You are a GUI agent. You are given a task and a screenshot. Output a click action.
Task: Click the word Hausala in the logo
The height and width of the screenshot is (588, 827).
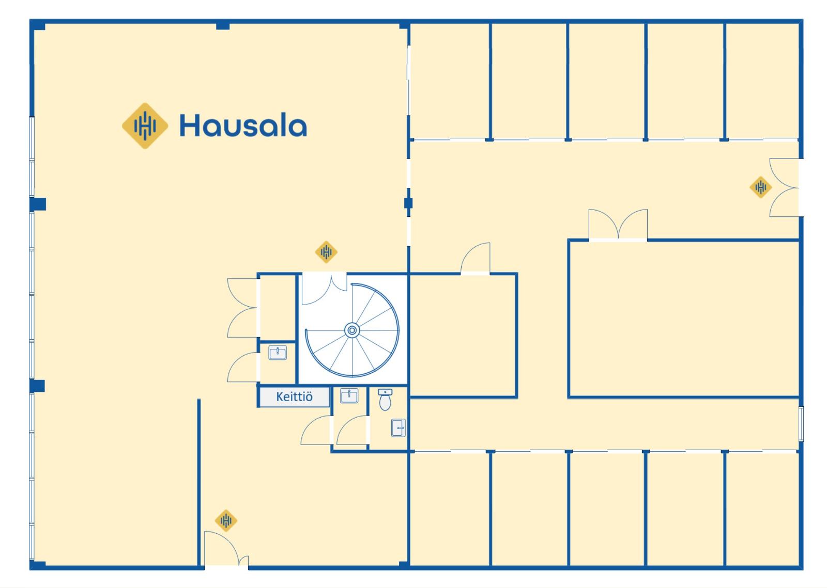(x=243, y=126)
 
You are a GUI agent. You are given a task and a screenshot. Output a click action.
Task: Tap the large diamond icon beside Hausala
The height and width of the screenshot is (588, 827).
(x=145, y=125)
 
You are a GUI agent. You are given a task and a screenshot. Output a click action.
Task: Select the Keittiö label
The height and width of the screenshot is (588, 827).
(x=294, y=397)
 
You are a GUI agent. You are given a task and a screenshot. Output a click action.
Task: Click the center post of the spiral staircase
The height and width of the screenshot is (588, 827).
(x=352, y=330)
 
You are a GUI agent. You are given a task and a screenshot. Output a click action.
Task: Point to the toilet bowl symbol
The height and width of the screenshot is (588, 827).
(x=385, y=400)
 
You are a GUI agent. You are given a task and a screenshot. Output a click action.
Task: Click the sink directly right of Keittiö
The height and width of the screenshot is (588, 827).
(x=349, y=396)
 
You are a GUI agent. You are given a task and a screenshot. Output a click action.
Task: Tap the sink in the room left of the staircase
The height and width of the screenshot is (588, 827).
(x=278, y=353)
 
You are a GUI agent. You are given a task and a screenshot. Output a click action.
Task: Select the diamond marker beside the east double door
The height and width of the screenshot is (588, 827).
(x=760, y=187)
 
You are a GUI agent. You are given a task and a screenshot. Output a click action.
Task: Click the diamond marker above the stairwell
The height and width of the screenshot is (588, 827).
(x=326, y=252)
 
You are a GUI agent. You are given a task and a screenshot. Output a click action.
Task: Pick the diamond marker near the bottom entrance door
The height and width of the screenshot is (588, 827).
(x=226, y=520)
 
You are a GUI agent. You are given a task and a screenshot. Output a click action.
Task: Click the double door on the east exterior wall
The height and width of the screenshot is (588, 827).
(x=784, y=187)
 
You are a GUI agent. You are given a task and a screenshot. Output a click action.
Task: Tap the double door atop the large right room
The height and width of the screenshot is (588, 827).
(x=618, y=225)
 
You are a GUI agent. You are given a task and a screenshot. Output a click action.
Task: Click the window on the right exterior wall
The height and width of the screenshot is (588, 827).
(x=801, y=423)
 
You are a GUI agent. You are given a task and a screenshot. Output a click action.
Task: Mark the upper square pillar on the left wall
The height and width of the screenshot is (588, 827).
(x=38, y=204)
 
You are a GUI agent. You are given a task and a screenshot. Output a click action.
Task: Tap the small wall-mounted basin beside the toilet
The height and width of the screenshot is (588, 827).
(x=398, y=427)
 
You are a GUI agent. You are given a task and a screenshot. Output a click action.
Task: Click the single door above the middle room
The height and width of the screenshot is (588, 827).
(x=476, y=258)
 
